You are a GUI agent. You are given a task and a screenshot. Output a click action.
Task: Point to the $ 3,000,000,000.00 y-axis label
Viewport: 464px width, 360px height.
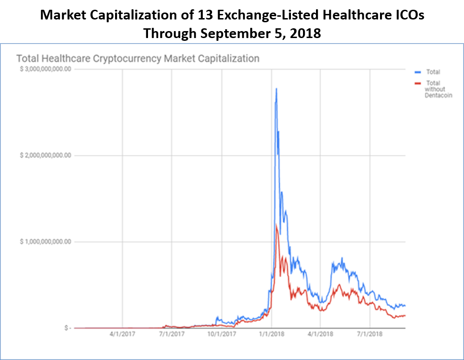45,70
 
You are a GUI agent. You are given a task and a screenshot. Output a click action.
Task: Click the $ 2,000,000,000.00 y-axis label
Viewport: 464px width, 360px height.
45,155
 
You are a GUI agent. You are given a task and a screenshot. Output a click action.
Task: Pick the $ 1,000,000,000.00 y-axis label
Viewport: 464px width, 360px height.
45,242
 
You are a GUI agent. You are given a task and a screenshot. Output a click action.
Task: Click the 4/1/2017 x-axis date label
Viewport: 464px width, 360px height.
122,334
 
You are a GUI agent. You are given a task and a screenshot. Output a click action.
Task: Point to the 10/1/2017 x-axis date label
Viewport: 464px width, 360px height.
221,334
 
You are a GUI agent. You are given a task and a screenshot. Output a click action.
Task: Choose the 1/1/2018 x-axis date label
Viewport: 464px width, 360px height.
271,334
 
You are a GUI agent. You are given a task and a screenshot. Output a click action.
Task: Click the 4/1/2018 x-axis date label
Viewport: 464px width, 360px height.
320,334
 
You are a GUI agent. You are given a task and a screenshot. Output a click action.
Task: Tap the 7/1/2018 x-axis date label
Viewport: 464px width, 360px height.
369,334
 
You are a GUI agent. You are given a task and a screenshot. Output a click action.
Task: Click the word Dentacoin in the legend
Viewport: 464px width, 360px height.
438,95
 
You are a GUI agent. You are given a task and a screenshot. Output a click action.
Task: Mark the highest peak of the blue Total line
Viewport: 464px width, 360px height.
277,89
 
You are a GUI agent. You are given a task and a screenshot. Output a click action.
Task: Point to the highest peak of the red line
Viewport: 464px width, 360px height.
277,225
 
